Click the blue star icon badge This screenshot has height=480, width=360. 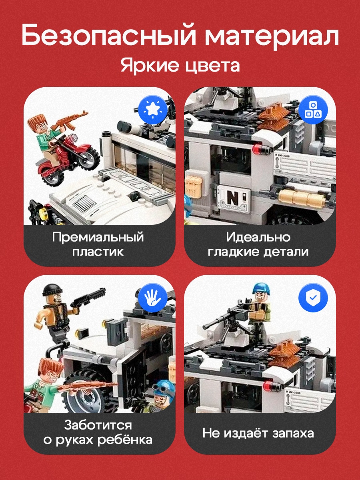tap(153, 110)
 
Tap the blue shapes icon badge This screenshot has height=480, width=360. tap(313, 110)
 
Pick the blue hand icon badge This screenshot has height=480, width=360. tap(153, 298)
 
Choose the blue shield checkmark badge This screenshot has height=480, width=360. tap(313, 298)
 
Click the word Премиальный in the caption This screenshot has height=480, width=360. tap(98, 237)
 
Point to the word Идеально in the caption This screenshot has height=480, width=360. tap(258, 237)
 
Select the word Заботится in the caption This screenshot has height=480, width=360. tap(98, 426)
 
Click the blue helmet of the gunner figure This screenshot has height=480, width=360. tap(261, 288)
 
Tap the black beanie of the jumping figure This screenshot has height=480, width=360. tap(52, 290)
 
